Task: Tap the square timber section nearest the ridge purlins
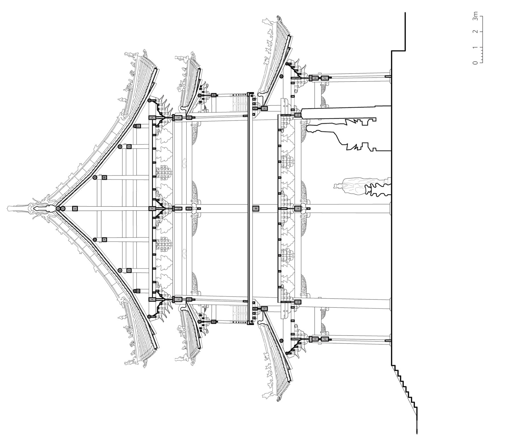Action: pyautogui.click(x=75, y=209)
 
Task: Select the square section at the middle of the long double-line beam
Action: pyautogui.click(x=256, y=208)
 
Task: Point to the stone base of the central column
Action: pyautogui.click(x=390, y=208)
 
